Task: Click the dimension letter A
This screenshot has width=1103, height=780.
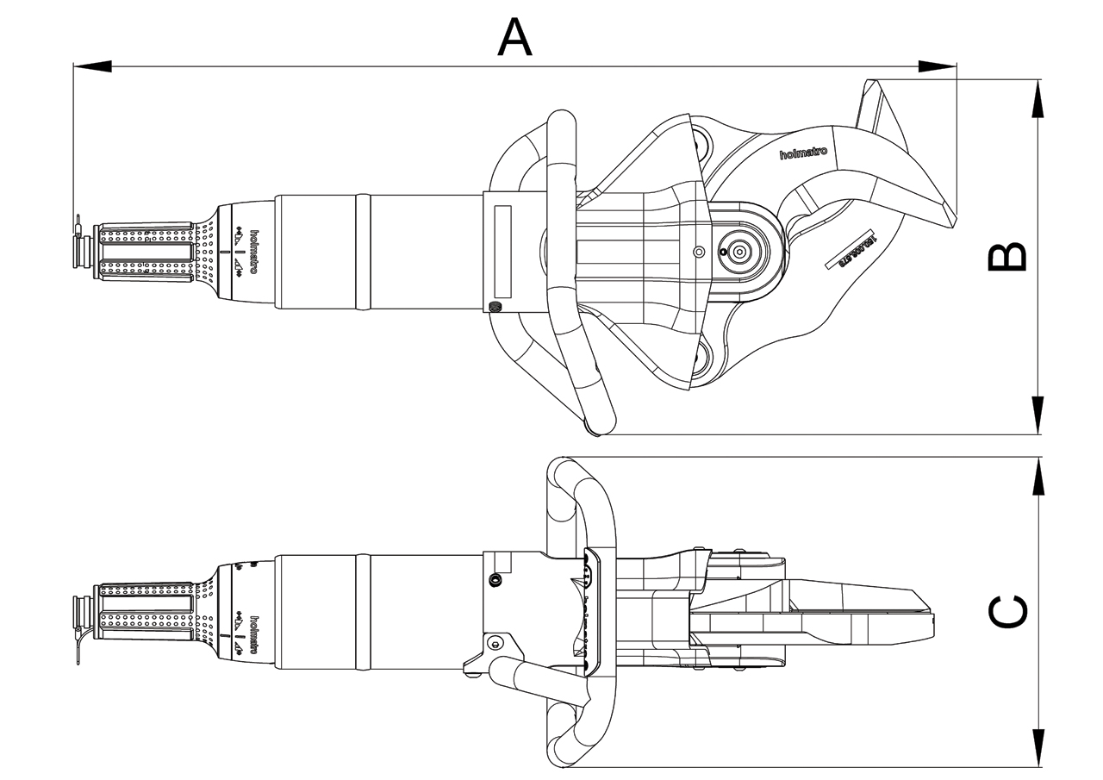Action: [x=514, y=37]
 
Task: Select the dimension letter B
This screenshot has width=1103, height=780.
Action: [x=1006, y=257]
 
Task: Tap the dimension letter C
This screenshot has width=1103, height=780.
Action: [x=1006, y=612]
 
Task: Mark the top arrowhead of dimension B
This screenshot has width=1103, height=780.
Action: [x=1038, y=99]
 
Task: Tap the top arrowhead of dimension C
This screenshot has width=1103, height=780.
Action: [x=1038, y=476]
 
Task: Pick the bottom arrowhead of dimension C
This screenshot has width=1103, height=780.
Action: [x=1038, y=748]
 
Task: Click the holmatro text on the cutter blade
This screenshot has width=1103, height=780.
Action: [x=802, y=153]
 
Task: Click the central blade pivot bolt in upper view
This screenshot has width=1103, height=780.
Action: [x=739, y=252]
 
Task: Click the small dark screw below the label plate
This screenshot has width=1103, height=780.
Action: [x=495, y=308]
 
